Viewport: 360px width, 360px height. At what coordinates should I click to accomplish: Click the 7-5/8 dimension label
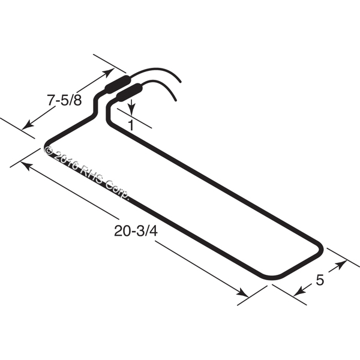click(x=64, y=100)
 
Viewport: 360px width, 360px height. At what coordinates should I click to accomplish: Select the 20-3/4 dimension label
click(x=136, y=231)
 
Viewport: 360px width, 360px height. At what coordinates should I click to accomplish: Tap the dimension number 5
click(x=320, y=280)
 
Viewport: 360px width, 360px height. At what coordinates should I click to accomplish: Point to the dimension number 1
click(x=131, y=125)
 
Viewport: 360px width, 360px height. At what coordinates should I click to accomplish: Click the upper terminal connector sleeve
click(x=118, y=84)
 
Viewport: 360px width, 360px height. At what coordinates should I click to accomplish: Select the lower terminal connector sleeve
click(x=129, y=92)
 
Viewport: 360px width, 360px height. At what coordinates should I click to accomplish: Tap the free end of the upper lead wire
click(x=180, y=81)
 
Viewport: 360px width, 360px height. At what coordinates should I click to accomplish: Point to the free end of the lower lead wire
click(x=175, y=100)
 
